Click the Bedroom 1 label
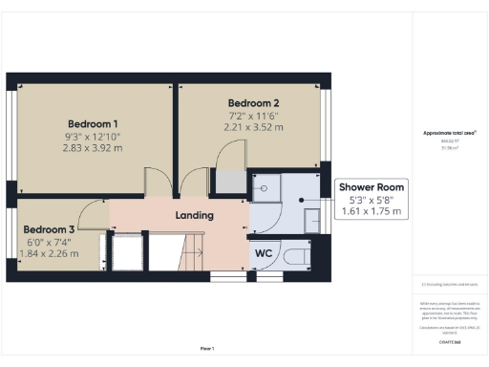(93, 123)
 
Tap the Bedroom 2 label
(253, 102)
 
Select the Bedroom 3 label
(49, 229)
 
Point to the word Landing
(194, 215)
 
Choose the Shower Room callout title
(372, 187)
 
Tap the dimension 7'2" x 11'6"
(253, 115)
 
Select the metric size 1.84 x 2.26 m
(49, 254)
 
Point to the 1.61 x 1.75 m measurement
(372, 211)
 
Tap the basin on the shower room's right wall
(312, 220)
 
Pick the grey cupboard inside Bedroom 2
(230, 181)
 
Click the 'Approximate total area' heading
(449, 133)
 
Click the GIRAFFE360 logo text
(449, 341)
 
